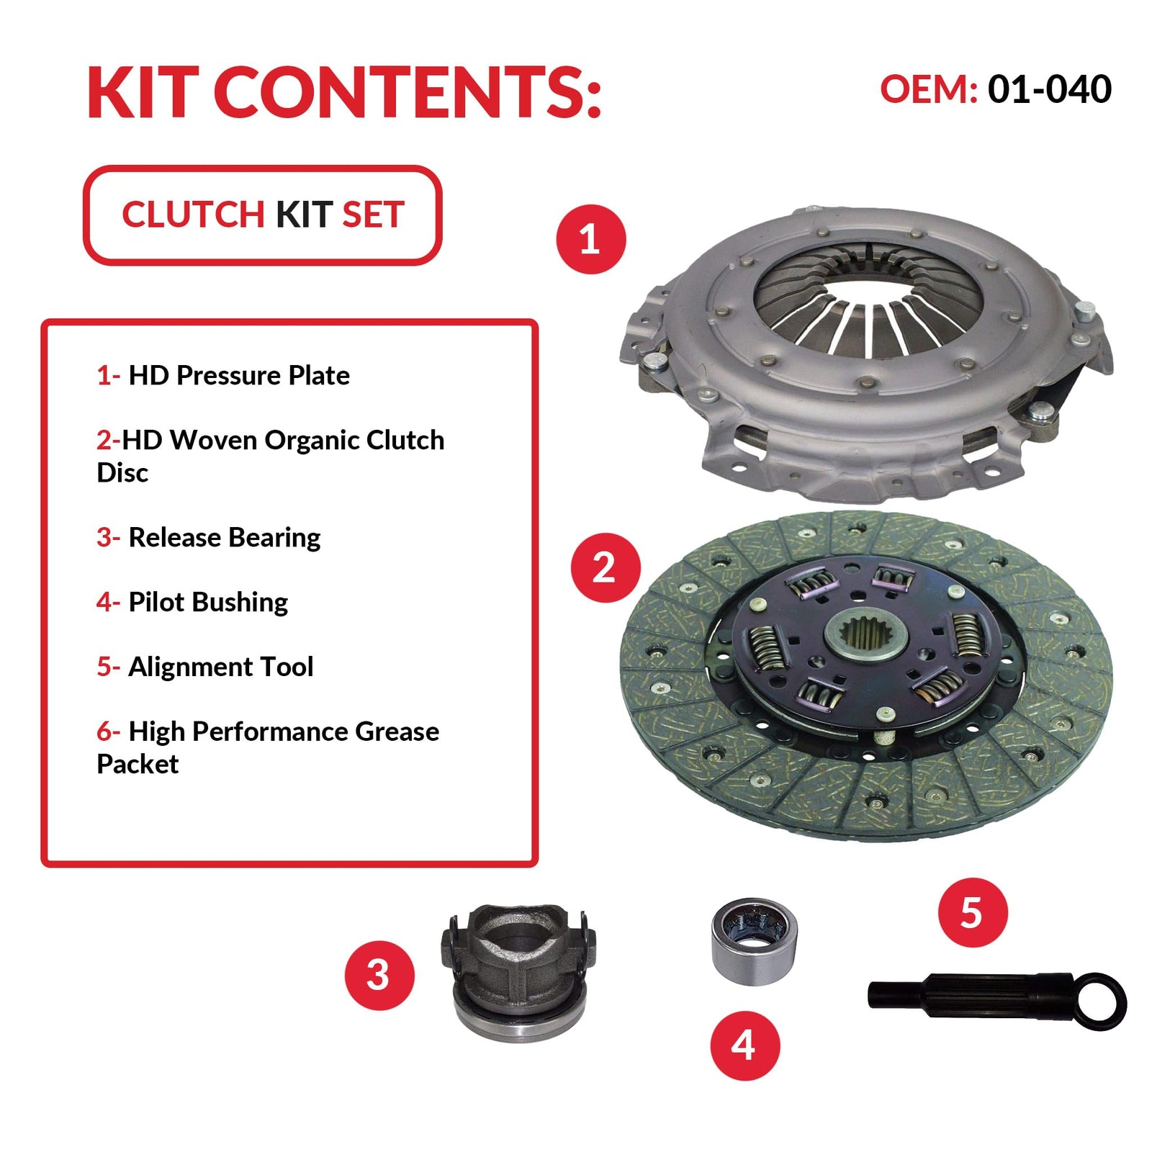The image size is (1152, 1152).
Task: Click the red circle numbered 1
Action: tap(591, 239)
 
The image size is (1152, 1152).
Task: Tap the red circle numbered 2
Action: tap(606, 568)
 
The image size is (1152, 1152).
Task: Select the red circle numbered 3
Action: tap(379, 976)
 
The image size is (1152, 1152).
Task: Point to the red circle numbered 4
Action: tap(745, 1045)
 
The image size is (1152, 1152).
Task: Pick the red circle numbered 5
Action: tap(973, 912)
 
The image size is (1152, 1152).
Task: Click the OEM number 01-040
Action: tap(1049, 89)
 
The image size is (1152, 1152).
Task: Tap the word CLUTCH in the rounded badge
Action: tap(193, 215)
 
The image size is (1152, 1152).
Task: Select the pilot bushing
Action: tap(754, 941)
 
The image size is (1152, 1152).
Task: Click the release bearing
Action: tap(518, 972)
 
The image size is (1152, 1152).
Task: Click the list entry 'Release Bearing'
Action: tap(225, 538)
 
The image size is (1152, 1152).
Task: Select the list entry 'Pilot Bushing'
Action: tap(208, 603)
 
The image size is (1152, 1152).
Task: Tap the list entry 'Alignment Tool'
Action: tap(220, 667)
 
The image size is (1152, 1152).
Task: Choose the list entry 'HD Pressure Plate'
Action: tap(239, 375)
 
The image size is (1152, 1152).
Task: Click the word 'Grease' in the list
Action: tap(397, 732)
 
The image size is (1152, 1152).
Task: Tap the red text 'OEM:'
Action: tap(929, 89)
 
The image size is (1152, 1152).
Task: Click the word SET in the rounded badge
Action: tap(373, 215)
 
